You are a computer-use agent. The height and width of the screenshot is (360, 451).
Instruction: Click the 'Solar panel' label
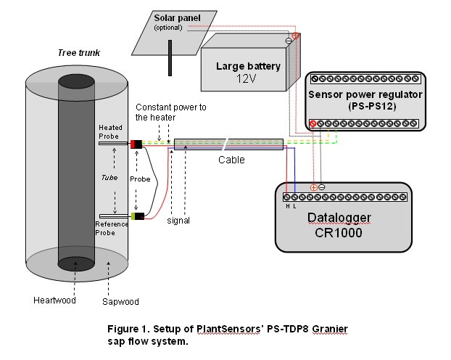[x=177, y=18]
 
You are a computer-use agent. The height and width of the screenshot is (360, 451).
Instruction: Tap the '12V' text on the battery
[x=247, y=78]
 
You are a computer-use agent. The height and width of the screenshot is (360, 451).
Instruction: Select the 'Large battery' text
[x=248, y=66]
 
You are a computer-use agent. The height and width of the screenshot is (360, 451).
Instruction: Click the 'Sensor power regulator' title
[x=365, y=94]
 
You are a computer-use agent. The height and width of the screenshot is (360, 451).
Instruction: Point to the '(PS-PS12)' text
[x=372, y=106]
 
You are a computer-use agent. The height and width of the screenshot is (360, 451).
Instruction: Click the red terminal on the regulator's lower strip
[x=313, y=124]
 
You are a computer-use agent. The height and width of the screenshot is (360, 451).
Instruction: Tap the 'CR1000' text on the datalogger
[x=338, y=233]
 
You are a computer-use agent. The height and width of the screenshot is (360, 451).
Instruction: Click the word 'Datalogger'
[x=339, y=218]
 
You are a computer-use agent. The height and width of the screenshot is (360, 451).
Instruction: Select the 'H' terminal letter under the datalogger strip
[x=288, y=206]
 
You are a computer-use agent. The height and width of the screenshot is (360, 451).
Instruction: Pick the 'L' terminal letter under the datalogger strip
[x=294, y=206]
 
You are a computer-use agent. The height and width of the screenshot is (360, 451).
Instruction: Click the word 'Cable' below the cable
[x=231, y=160]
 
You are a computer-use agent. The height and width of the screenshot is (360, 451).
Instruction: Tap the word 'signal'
[x=178, y=221]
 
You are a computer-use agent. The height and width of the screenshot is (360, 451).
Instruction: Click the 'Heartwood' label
[x=54, y=300]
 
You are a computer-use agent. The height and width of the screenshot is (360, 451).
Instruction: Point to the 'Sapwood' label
[x=120, y=301]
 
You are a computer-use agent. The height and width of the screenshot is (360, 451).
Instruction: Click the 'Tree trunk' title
[x=79, y=53]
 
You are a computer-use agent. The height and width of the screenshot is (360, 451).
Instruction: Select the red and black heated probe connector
[x=136, y=144]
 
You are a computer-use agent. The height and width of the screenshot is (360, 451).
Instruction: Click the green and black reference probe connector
[x=138, y=216]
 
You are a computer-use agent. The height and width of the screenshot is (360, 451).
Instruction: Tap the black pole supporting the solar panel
[x=170, y=58]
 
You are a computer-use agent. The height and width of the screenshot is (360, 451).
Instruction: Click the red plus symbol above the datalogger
[x=313, y=188]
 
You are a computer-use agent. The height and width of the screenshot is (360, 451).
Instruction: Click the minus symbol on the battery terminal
[x=289, y=41]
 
